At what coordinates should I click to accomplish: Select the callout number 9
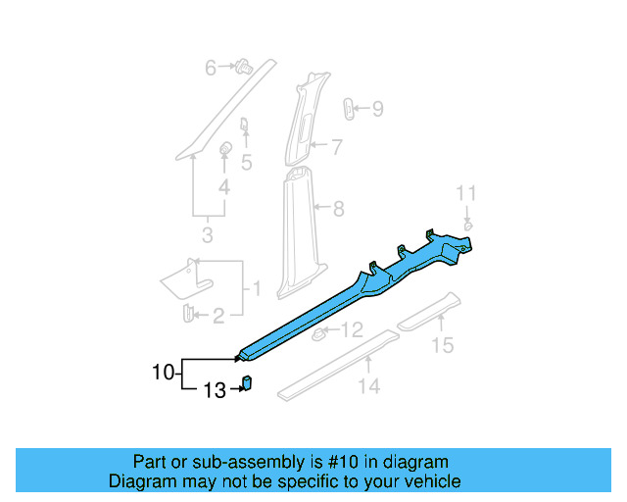coord(377,109)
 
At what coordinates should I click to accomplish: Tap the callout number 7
coord(336,148)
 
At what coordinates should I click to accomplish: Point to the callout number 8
coord(338,208)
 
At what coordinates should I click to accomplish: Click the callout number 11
coord(467,193)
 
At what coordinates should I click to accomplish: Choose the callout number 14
coord(367,386)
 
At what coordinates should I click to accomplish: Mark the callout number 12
coord(352,330)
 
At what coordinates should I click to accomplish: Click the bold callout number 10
coord(163,372)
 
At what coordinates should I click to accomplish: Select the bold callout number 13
coord(214,390)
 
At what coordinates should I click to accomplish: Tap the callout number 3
coord(207,235)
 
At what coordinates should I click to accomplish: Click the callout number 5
coord(247,163)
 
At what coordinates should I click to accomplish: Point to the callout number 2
coord(217,315)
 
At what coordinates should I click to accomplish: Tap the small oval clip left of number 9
coord(349,108)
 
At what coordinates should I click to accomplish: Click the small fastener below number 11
coord(468,226)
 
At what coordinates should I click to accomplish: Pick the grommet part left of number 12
coord(318,335)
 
